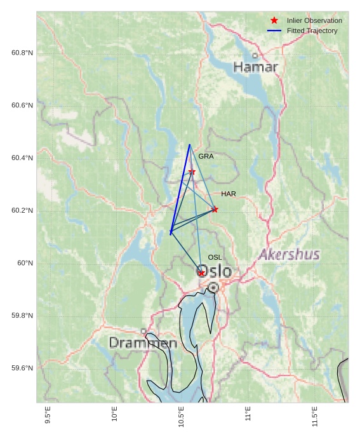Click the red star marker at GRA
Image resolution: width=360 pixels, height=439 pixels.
coord(192,172)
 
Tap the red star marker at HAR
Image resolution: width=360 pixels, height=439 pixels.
coord(215,209)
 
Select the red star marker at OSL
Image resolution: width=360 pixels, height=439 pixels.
coord(201,273)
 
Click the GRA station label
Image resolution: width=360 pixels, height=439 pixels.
coord(206,156)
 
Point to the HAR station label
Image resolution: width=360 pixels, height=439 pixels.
coord(229,194)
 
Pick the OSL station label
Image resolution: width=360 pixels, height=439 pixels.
coord(215,257)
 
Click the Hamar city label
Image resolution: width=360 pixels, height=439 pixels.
coord(255,67)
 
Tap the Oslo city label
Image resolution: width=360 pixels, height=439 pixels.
coord(215,272)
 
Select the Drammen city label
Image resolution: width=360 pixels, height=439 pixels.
coord(143,343)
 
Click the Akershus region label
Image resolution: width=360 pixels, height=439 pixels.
coord(289,255)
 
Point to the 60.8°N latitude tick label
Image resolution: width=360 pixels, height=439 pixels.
coord(22,53)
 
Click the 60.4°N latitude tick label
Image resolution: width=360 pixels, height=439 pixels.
coord(22,158)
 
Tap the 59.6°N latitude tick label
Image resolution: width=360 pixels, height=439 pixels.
coord(22,368)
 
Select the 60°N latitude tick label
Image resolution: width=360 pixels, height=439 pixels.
coord(25,263)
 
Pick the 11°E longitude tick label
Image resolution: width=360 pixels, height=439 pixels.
coord(248,414)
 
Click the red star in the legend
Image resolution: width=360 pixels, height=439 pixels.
coord(274,20)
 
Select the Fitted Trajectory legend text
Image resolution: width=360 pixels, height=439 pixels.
coord(312,30)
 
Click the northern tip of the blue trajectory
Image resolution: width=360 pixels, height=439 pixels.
coord(189,145)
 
